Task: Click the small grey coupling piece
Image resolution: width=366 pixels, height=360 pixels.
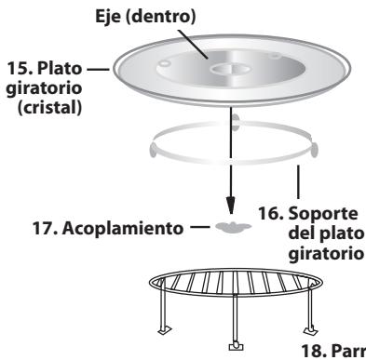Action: [229, 226]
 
